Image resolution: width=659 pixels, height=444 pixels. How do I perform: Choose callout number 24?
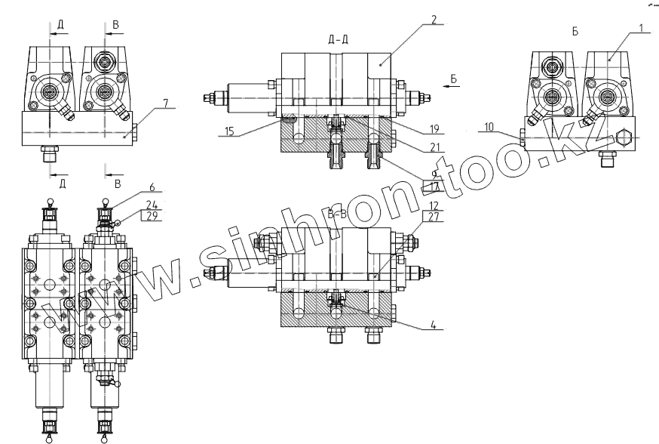(152, 205)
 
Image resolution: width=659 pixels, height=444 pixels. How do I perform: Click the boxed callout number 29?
(152, 216)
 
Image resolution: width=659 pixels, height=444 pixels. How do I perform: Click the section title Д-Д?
(339, 39)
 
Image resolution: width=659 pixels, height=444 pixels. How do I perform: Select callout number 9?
(435, 173)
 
